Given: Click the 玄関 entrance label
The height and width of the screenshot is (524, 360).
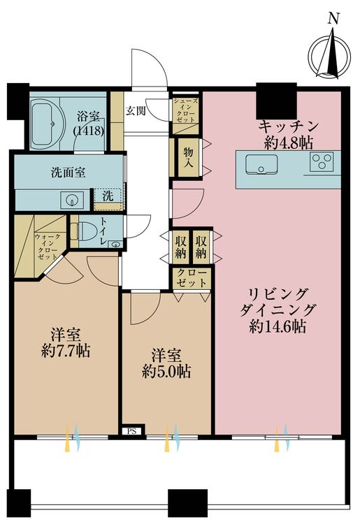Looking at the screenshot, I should (x=135, y=110).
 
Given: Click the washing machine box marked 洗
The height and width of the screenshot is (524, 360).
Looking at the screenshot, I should (x=107, y=197).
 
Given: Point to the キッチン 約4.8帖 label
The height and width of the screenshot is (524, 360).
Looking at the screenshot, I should (x=289, y=133).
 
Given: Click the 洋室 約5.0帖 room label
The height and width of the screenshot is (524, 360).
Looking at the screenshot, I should (x=165, y=363).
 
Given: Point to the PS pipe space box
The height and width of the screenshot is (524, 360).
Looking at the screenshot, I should (x=131, y=431).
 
